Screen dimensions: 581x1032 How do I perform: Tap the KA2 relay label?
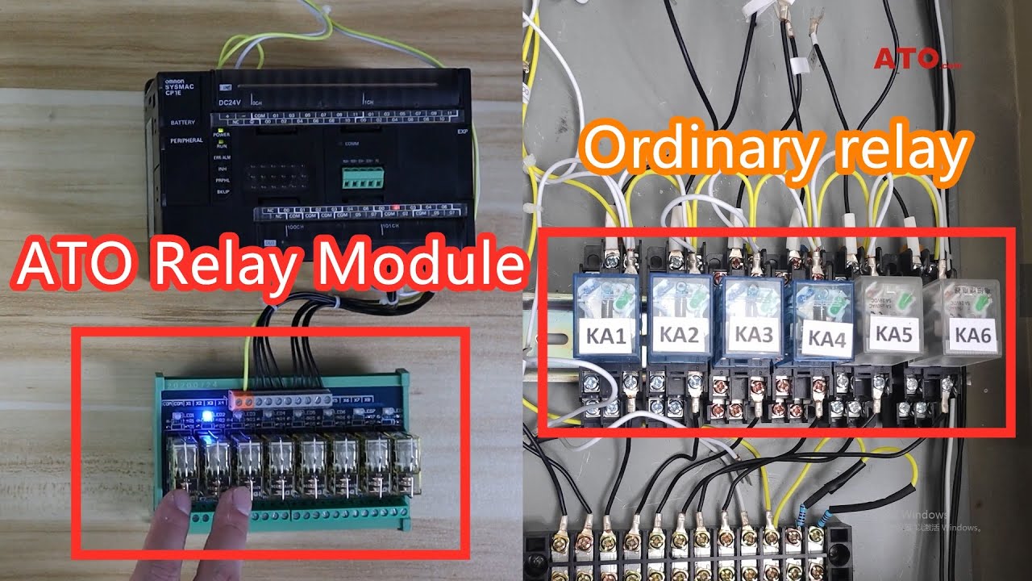[x=679, y=336]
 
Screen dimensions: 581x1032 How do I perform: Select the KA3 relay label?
[x=751, y=333]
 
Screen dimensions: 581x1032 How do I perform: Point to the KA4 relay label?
[x=824, y=339]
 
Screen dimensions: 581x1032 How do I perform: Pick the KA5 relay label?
[x=893, y=333]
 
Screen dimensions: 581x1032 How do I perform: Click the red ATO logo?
[x=907, y=58]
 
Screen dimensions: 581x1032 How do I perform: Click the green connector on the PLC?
[x=362, y=179]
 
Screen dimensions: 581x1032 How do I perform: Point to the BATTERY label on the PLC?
[x=183, y=123]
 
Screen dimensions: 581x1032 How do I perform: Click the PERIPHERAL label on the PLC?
[x=186, y=140]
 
